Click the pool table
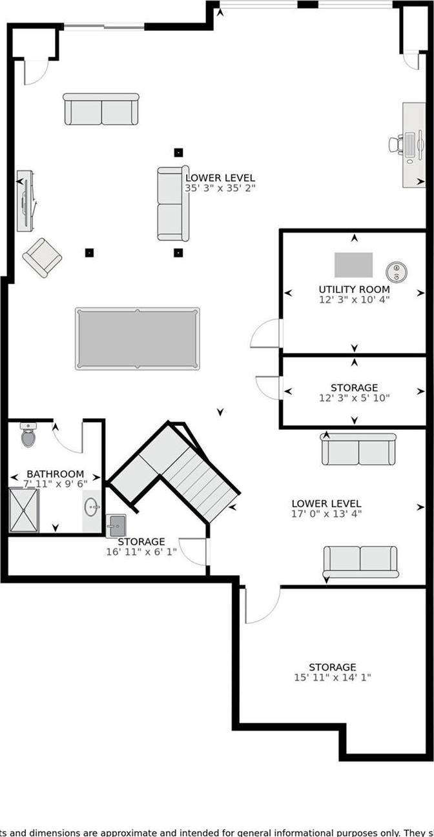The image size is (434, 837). tap(137, 339)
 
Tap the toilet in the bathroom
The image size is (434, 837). tap(29, 436)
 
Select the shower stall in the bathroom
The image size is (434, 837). tap(24, 510)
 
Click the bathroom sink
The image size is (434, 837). tap(91, 507)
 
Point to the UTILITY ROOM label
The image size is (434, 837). tap(354, 289)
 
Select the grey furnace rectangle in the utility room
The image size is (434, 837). tap(353, 265)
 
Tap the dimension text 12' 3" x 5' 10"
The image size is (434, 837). tap(354, 398)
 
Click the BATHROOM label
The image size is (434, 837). tap(55, 474)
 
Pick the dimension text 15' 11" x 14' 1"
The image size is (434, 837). tap(332, 678)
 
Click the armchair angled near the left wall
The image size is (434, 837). tap(43, 257)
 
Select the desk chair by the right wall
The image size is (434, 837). tap(397, 143)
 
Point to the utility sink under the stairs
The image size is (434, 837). tap(116, 525)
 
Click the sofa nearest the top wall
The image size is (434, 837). tap(101, 110)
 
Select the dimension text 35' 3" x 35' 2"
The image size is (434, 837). tap(220, 188)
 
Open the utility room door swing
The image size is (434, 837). tap(265, 334)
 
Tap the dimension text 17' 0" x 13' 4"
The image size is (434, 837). tap(326, 514)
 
